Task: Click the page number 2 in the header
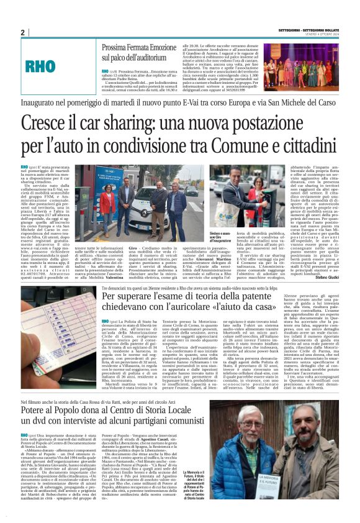[22, 32]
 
